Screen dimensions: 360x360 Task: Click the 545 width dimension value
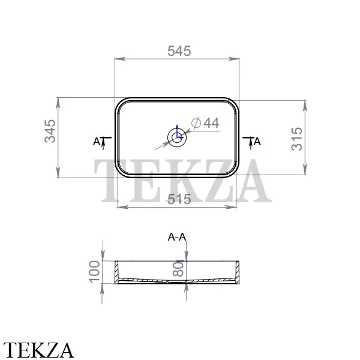pyautogui.click(x=179, y=51)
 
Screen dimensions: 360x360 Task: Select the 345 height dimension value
pyautogui.click(x=50, y=131)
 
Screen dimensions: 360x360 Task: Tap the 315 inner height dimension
pyautogui.click(x=296, y=139)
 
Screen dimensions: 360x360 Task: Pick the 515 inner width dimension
pyautogui.click(x=179, y=199)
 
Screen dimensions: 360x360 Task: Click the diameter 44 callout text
pyautogui.click(x=205, y=122)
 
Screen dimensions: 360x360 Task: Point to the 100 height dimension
pyautogui.click(x=94, y=271)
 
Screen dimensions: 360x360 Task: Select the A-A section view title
pyautogui.click(x=177, y=237)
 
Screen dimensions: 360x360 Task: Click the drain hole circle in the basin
pyautogui.click(x=177, y=131)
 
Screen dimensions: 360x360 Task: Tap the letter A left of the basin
pyautogui.click(x=97, y=142)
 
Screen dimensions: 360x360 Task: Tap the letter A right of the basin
pyautogui.click(x=257, y=142)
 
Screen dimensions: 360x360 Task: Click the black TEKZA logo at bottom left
pyautogui.click(x=38, y=350)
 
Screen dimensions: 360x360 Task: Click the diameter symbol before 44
pyautogui.click(x=196, y=123)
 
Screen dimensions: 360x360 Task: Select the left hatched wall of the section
pyautogui.click(x=116, y=272)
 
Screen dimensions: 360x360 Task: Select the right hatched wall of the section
pyautogui.click(x=237, y=272)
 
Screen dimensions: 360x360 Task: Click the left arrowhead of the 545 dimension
pyautogui.click(x=120, y=59)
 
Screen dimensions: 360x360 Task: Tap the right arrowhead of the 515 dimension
pyautogui.click(x=231, y=207)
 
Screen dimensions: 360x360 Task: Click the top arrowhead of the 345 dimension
pyautogui.click(x=58, y=103)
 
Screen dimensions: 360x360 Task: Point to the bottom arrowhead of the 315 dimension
pyautogui.click(x=305, y=169)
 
